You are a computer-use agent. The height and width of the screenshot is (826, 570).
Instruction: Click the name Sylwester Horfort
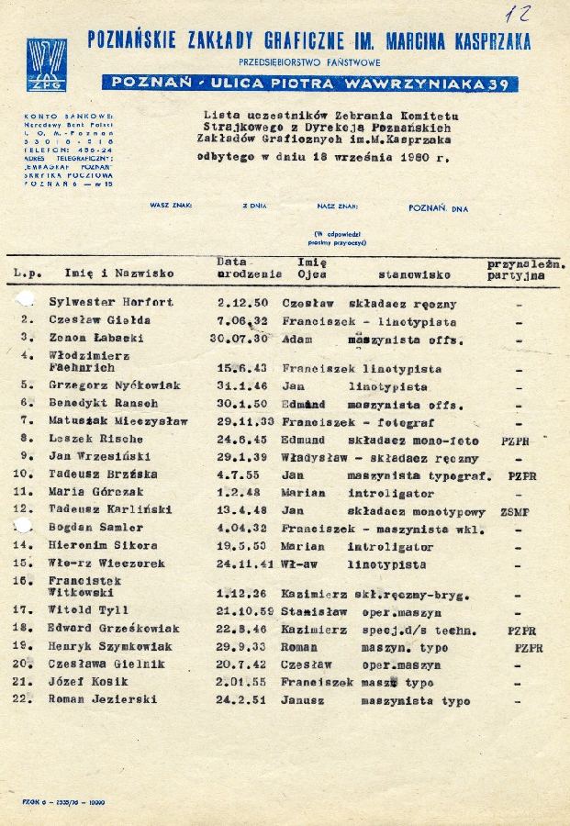tap(111, 302)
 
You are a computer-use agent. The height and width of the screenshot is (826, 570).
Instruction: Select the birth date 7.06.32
tap(243, 320)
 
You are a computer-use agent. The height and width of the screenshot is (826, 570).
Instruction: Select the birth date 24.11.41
tap(247, 564)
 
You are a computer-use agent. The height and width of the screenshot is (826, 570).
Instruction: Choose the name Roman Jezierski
tap(103, 699)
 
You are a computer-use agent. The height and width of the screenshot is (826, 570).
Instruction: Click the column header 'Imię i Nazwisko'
tap(119, 273)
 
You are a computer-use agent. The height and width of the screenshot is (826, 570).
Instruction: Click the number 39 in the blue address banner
tap(499, 84)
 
